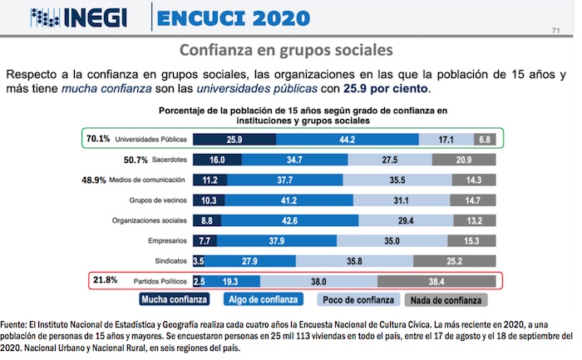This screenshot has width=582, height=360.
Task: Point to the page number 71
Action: tap(555, 32)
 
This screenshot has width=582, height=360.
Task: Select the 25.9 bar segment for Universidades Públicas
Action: tap(234, 139)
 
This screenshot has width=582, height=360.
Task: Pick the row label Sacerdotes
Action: tap(165, 160)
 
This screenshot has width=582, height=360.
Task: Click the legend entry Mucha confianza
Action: tap(174, 299)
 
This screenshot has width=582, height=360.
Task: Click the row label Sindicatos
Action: tap(169, 261)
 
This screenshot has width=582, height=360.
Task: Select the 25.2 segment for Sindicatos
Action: tap(455, 261)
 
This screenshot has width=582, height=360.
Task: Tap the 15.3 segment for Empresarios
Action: tap(475, 241)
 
